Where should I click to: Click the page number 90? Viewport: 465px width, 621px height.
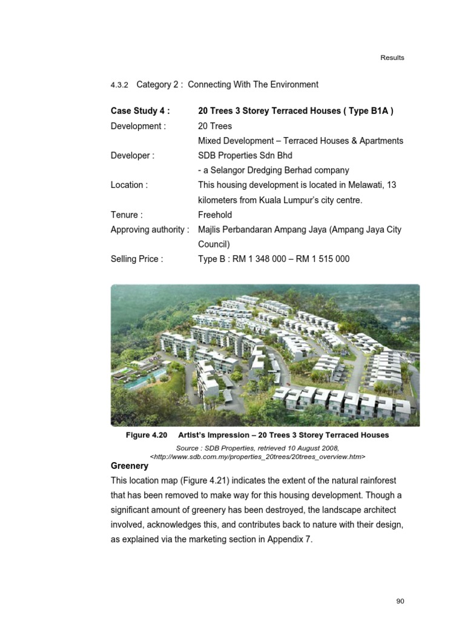(400, 601)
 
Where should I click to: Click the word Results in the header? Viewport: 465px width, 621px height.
(392, 58)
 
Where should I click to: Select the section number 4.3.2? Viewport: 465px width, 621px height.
(120, 85)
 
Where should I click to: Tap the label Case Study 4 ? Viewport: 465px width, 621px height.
(140, 111)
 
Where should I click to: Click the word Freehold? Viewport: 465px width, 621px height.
(215, 215)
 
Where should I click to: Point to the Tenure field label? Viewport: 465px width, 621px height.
(127, 215)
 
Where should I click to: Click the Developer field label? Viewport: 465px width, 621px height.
(132, 155)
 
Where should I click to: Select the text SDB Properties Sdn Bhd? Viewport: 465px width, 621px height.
(245, 155)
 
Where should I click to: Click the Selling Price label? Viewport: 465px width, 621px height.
(137, 259)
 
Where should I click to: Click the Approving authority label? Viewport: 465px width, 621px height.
(150, 229)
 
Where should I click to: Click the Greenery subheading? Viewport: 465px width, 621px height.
(129, 466)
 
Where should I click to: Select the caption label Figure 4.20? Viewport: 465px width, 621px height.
(147, 435)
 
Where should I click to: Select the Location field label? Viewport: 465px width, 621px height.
(129, 185)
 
